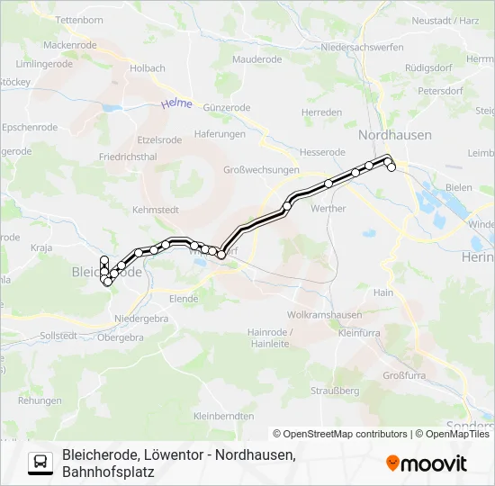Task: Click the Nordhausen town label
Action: (394, 135)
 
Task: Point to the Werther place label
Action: (328, 208)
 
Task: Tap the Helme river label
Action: (176, 104)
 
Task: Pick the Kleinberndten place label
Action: (223, 416)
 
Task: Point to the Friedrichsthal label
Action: (128, 156)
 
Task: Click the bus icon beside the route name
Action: (40, 463)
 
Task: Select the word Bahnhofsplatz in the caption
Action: (108, 471)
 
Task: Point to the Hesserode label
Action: (324, 152)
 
